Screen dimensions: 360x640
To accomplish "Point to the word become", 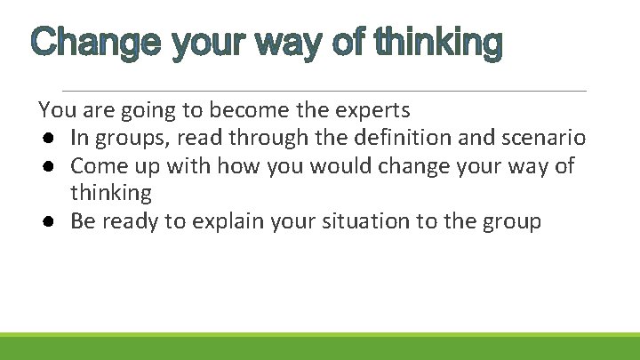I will click(247, 110).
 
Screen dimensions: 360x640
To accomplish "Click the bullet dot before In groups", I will click(45, 139).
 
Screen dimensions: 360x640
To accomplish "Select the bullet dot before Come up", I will click(45, 166).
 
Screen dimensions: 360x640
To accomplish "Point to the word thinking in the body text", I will click(111, 193).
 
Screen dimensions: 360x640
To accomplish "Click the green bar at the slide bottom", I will click(320, 346).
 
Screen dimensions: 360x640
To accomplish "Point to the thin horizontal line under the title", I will click(324, 91).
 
